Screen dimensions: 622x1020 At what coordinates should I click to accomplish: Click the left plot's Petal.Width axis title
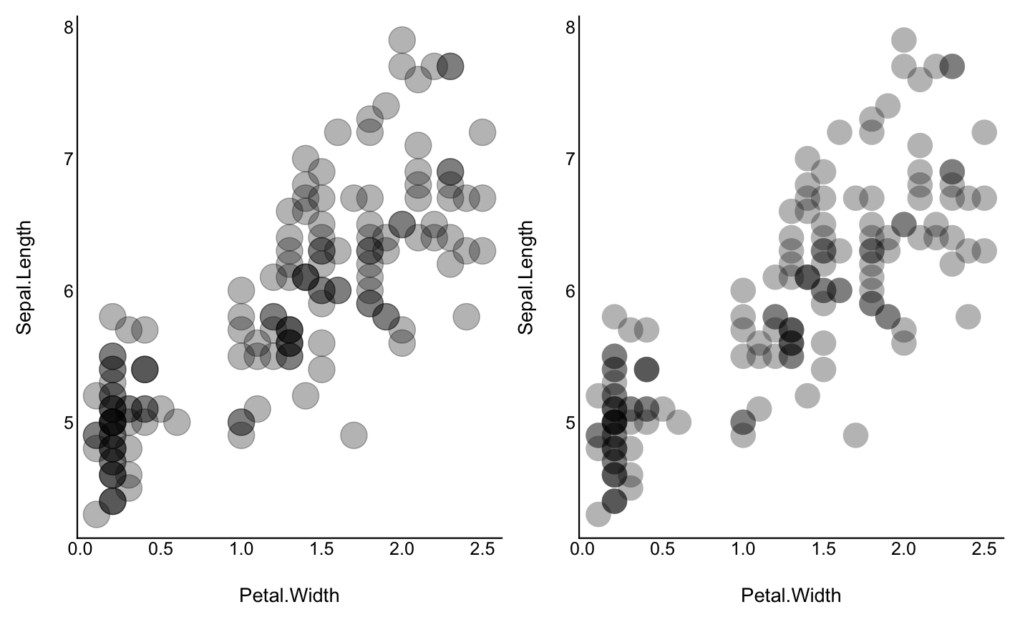tap(289, 595)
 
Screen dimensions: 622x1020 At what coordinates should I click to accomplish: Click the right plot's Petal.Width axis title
tap(791, 595)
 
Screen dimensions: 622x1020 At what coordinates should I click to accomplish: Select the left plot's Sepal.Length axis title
tap(24, 277)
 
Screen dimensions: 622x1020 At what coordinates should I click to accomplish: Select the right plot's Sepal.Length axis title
tap(526, 277)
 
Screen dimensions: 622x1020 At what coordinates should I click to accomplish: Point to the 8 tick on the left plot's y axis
tap(69, 27)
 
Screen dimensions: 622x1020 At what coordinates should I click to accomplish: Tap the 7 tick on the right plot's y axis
tap(570, 159)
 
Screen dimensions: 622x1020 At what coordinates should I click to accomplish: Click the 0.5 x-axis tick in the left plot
tap(161, 549)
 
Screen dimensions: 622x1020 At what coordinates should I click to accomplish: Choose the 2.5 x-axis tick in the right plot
tap(984, 549)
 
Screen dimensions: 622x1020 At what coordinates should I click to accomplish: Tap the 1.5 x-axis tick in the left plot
tap(322, 549)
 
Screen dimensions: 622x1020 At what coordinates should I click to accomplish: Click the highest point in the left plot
tap(402, 40)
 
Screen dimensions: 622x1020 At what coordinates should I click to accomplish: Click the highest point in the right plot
tap(904, 40)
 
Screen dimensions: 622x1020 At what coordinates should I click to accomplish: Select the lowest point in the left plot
tap(97, 513)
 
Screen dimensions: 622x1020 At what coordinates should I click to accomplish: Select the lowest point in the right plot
tap(598, 513)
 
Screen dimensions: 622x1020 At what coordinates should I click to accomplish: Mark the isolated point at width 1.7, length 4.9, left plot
tap(354, 435)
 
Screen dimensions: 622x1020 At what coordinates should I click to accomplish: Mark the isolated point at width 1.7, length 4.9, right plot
tap(855, 435)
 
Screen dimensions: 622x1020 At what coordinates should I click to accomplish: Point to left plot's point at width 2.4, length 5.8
tap(466, 316)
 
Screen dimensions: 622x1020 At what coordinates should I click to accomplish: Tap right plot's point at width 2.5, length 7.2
tap(985, 132)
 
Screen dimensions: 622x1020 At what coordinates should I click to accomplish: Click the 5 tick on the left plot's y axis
tap(69, 422)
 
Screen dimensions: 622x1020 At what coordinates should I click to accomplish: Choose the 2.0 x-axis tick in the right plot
tap(904, 549)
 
